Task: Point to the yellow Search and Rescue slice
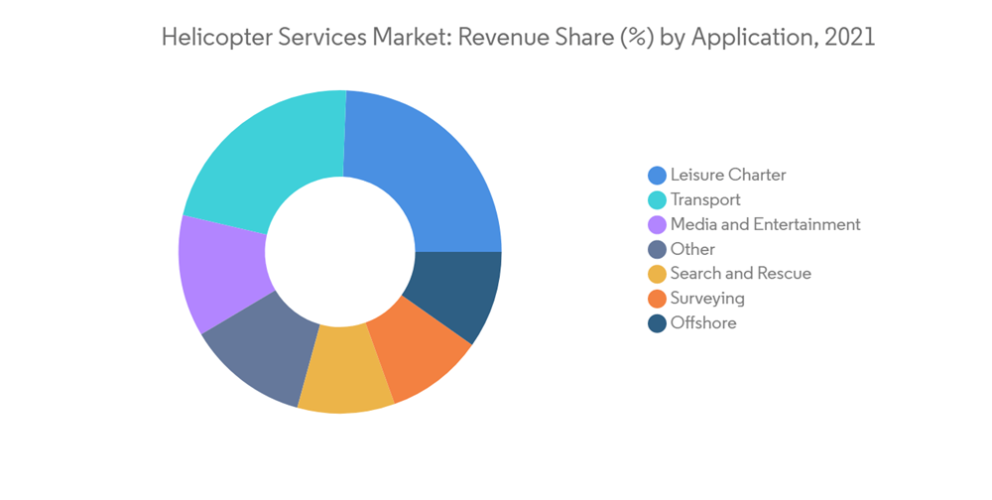(342, 382)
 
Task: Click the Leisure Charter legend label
(727, 175)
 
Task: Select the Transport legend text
(705, 199)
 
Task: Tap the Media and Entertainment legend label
(765, 224)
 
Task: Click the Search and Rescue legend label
(740, 274)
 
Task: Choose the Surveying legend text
(706, 299)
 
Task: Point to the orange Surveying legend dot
(657, 299)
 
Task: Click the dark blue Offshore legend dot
(657, 323)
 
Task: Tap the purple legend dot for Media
(657, 224)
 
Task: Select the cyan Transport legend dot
(657, 199)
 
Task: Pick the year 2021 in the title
(850, 38)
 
